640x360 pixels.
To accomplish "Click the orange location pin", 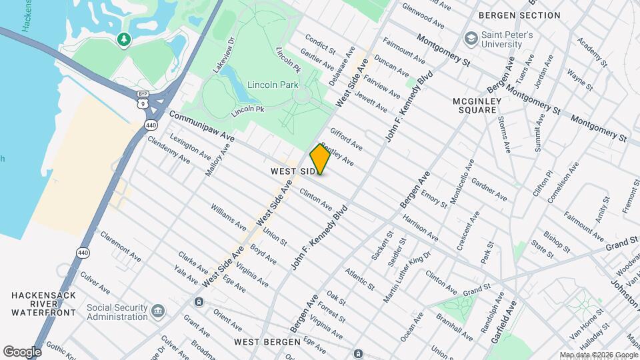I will pyautogui.click(x=320, y=159).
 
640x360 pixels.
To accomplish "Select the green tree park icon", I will pyautogui.click(x=123, y=41).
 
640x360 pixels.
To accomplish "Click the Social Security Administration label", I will pyautogui.click(x=117, y=312).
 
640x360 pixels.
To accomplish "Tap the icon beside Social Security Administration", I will pyautogui.click(x=158, y=311).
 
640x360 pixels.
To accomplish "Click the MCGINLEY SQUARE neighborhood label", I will pyautogui.click(x=475, y=105).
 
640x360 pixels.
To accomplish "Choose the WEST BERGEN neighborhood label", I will pyautogui.click(x=267, y=342).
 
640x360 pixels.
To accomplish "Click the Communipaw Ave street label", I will pyautogui.click(x=201, y=126).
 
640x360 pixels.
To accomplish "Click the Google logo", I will pyautogui.click(x=22, y=351).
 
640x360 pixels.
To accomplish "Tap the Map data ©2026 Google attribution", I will pyautogui.click(x=599, y=355).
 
